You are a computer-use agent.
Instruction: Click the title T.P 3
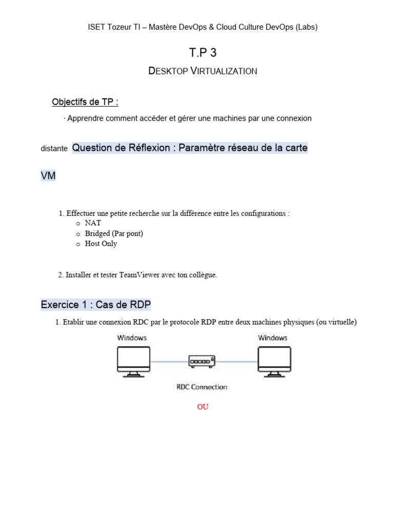(x=203, y=52)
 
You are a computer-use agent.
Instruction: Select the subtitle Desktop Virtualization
(x=203, y=71)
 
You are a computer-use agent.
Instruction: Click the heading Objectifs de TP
(x=85, y=102)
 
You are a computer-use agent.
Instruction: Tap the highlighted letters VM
(x=48, y=176)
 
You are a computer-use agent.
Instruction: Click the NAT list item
(x=93, y=224)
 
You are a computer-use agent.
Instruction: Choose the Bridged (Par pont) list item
(x=114, y=234)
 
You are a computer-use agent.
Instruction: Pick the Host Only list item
(x=101, y=244)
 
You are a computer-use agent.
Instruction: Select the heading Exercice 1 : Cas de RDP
(x=96, y=305)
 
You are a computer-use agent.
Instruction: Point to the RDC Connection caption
(x=202, y=387)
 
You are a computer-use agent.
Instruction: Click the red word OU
(x=203, y=407)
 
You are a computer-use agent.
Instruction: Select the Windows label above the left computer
(x=132, y=338)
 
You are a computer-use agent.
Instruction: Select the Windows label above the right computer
(x=272, y=338)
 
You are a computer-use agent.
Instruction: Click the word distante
(x=54, y=149)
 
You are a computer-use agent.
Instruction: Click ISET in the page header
(x=96, y=28)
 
